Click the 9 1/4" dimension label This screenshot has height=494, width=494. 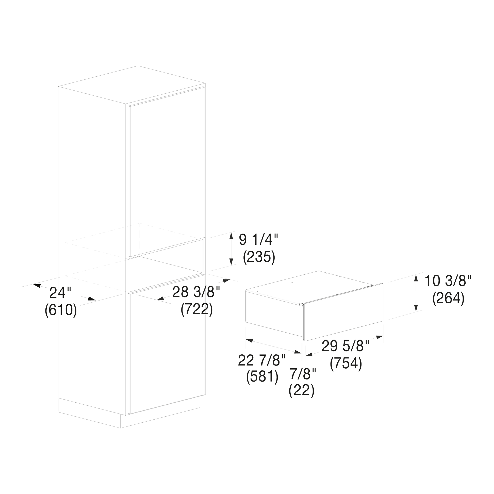coord(258,240)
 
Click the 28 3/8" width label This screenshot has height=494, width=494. coord(196,292)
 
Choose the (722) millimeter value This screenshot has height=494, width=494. coord(197,309)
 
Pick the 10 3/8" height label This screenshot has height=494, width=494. coord(448,281)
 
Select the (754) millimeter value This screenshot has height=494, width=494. coord(346,363)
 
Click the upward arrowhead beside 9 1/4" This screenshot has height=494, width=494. coord(231,236)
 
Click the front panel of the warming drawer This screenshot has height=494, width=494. coord(343,312)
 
